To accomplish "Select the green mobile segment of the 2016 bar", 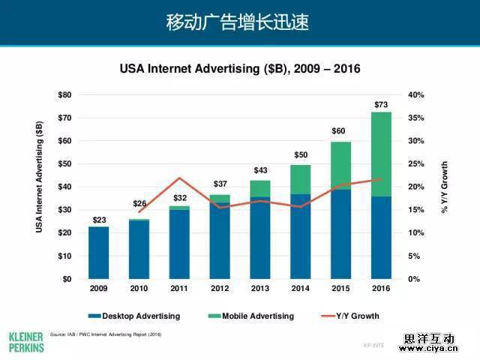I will coord(381,154).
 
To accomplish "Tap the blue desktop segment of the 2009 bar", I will coord(98,253).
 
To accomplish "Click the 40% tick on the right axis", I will coord(416,95).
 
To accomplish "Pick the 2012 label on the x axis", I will coord(220,288).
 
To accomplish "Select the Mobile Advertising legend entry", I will coord(252,316).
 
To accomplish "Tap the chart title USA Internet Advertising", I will coord(240,69).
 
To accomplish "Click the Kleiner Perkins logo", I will coord(26,341).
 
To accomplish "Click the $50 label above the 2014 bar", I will coord(300,155).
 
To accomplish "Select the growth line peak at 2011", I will coord(179,178).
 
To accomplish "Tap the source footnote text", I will coord(105,334).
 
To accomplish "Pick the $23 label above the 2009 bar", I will coord(98,220).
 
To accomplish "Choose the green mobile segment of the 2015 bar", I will coord(340,166).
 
